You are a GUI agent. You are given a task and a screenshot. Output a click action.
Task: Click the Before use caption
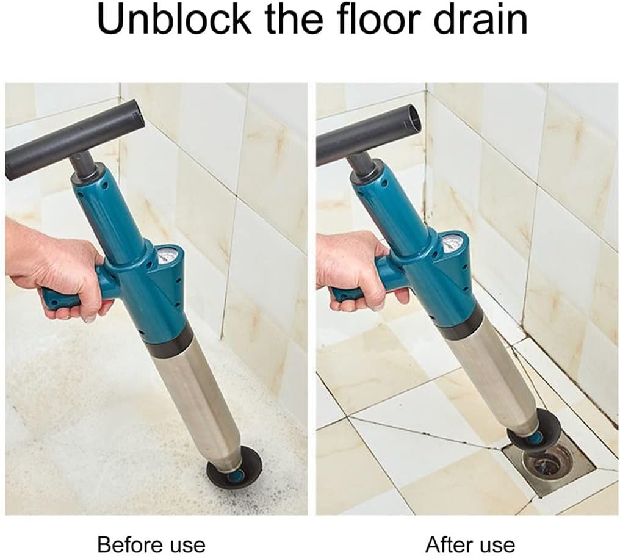(x=151, y=544)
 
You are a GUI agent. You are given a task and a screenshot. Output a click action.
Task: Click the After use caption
(x=470, y=544)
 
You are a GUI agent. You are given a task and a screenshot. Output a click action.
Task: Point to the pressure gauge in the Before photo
(x=167, y=255)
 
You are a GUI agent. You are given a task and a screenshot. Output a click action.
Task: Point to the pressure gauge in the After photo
(x=452, y=243)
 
